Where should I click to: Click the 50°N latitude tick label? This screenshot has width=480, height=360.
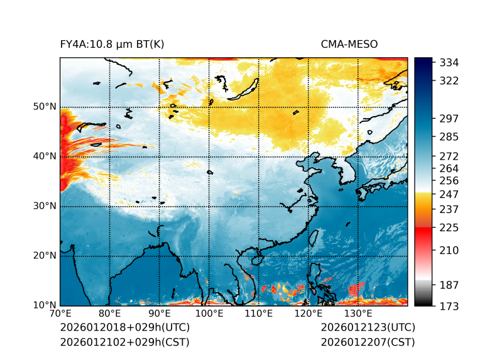44,107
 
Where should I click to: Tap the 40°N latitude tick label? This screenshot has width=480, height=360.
44,156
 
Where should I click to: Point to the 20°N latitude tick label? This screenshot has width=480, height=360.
44,256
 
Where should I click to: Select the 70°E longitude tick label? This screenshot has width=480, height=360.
60,314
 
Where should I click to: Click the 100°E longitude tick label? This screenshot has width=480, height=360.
209,314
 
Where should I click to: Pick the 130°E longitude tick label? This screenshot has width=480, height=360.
358,314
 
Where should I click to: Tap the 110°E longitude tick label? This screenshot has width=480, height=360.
259,314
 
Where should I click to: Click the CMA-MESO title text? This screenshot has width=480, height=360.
349,44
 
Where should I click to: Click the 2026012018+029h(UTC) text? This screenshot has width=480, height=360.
124,327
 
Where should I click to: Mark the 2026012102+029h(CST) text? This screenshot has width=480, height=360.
124,342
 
